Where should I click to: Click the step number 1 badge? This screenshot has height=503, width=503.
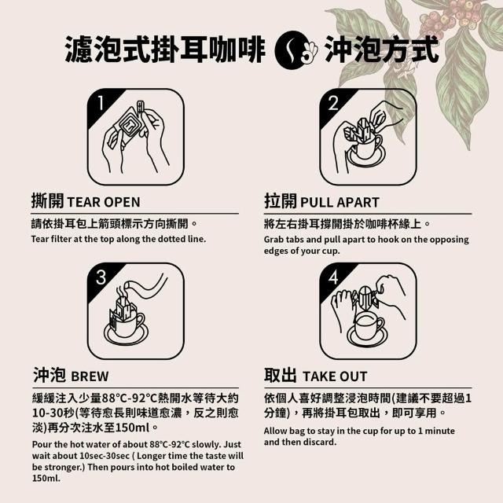[x=101, y=103]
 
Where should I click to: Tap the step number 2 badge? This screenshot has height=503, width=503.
[x=333, y=103]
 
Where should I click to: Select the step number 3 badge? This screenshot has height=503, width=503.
[x=101, y=277]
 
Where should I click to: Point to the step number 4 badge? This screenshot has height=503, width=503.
[x=333, y=277]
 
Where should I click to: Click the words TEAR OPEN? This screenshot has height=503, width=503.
[x=104, y=203]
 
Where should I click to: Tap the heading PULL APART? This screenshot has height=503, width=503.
[x=340, y=203]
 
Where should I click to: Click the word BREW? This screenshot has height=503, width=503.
[x=90, y=376]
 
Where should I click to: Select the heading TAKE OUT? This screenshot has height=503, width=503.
[x=335, y=376]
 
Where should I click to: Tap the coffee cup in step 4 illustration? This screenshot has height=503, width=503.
[x=369, y=327]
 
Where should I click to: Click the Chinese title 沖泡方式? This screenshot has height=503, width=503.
[x=381, y=50]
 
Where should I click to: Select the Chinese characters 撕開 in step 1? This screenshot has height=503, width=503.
[x=48, y=201]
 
